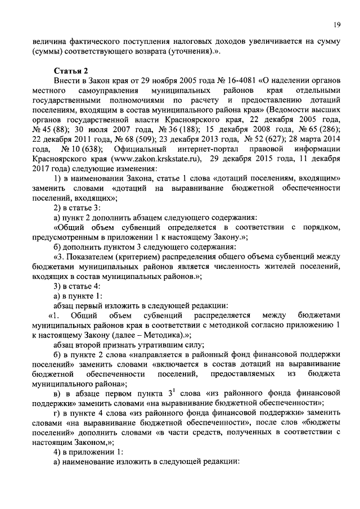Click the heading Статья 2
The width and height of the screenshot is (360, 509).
(71, 70)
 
